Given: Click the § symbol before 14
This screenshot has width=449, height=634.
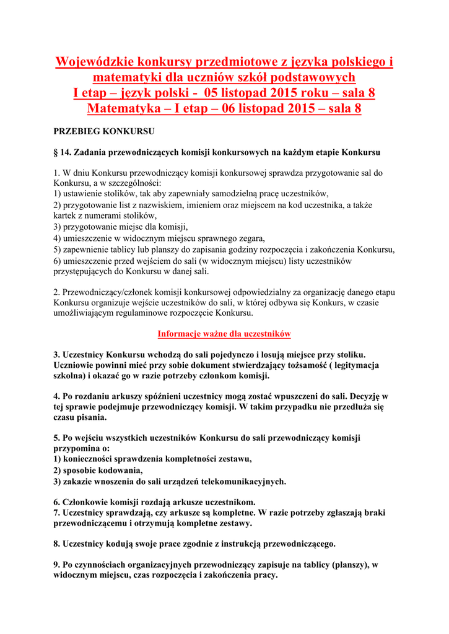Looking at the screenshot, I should pyautogui.click(x=56, y=152).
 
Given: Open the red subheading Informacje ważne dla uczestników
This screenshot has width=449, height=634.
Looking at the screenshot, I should pyautogui.click(x=224, y=334).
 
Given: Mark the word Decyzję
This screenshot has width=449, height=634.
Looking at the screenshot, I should pyautogui.click(x=365, y=396).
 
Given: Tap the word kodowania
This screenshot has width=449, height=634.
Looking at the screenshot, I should pyautogui.click(x=116, y=470).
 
